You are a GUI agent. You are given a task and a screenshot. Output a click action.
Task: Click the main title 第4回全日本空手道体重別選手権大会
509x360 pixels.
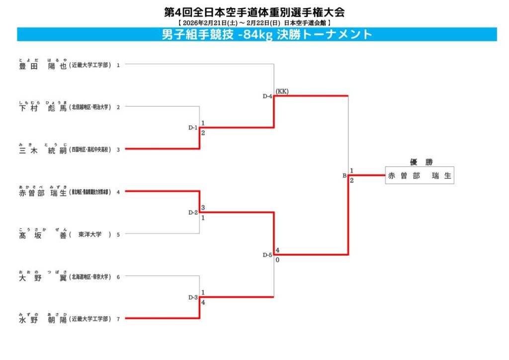[254, 12]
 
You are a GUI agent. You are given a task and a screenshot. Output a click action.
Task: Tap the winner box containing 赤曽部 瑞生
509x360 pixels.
[420, 176]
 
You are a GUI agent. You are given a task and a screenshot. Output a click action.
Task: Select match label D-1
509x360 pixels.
[193, 128]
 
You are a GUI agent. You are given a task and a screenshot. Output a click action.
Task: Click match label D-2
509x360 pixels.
[193, 212]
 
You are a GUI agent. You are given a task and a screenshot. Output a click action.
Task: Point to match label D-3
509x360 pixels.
[193, 297]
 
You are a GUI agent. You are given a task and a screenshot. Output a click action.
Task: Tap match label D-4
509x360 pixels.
[267, 96]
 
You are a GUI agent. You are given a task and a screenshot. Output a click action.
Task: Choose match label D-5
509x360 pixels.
[267, 255]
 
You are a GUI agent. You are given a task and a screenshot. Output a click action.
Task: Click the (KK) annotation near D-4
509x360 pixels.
[282, 91]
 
